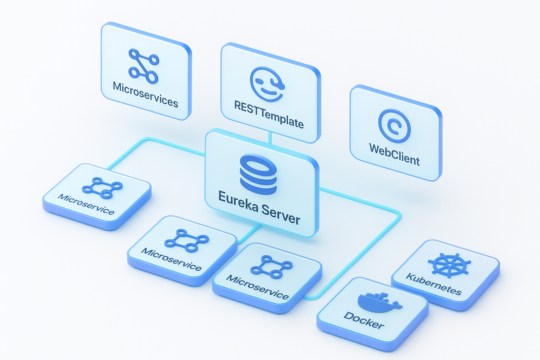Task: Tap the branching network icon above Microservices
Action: (x=143, y=66)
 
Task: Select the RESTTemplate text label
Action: (x=269, y=114)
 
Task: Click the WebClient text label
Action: (x=394, y=154)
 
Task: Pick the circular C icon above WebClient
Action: (x=394, y=126)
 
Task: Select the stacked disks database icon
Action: (x=258, y=174)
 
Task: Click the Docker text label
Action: (x=364, y=320)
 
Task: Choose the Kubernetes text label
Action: (x=434, y=284)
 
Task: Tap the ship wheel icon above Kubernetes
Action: (x=449, y=264)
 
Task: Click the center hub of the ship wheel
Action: (x=450, y=264)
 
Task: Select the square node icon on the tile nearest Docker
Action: (x=271, y=267)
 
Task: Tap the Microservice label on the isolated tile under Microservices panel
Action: (x=86, y=204)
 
